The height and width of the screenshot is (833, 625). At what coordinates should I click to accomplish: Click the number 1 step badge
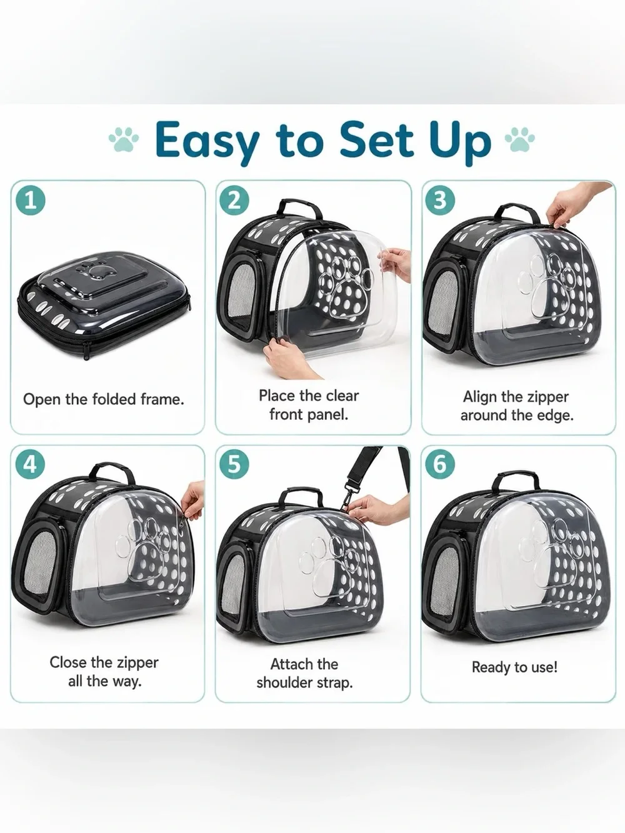coord(31,200)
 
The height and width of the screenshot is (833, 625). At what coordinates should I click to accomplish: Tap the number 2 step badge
coord(234,200)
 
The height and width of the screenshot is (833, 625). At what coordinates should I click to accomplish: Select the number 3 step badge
coord(439,200)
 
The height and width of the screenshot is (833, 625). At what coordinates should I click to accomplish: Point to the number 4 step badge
coord(31,464)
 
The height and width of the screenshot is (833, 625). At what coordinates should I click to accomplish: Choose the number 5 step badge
coord(234,464)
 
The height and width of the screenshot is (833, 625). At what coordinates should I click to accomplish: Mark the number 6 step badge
coord(439,464)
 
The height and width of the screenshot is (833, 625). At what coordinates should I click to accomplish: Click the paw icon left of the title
coord(124,139)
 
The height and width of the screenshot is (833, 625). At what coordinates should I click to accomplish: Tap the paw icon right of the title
coord(520,139)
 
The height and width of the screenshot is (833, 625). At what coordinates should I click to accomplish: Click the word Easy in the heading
coord(207,141)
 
